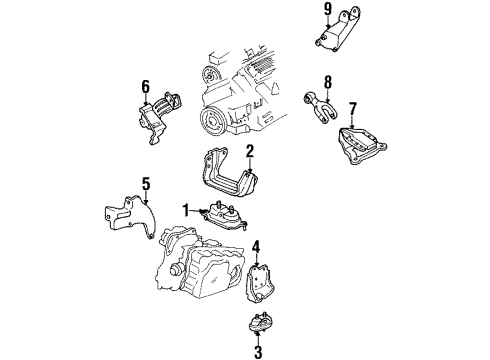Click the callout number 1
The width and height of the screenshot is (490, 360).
(x=186, y=210)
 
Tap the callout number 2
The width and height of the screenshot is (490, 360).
(x=250, y=151)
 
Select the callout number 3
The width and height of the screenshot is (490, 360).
(x=258, y=351)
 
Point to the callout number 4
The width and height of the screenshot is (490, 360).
(x=256, y=247)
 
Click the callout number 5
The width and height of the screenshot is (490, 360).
(x=146, y=184)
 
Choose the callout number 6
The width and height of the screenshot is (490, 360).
(x=146, y=87)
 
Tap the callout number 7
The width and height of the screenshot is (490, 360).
(x=353, y=109)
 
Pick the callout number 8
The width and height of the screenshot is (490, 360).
(x=328, y=82)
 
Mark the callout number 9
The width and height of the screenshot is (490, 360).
(x=328, y=9)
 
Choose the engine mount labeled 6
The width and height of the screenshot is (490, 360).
(x=158, y=117)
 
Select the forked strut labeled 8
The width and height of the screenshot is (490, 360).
(x=320, y=107)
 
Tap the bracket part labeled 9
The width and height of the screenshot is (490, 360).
(x=337, y=31)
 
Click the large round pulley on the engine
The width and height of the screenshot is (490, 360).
(x=214, y=122)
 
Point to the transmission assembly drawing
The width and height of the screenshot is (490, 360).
(x=200, y=263)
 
